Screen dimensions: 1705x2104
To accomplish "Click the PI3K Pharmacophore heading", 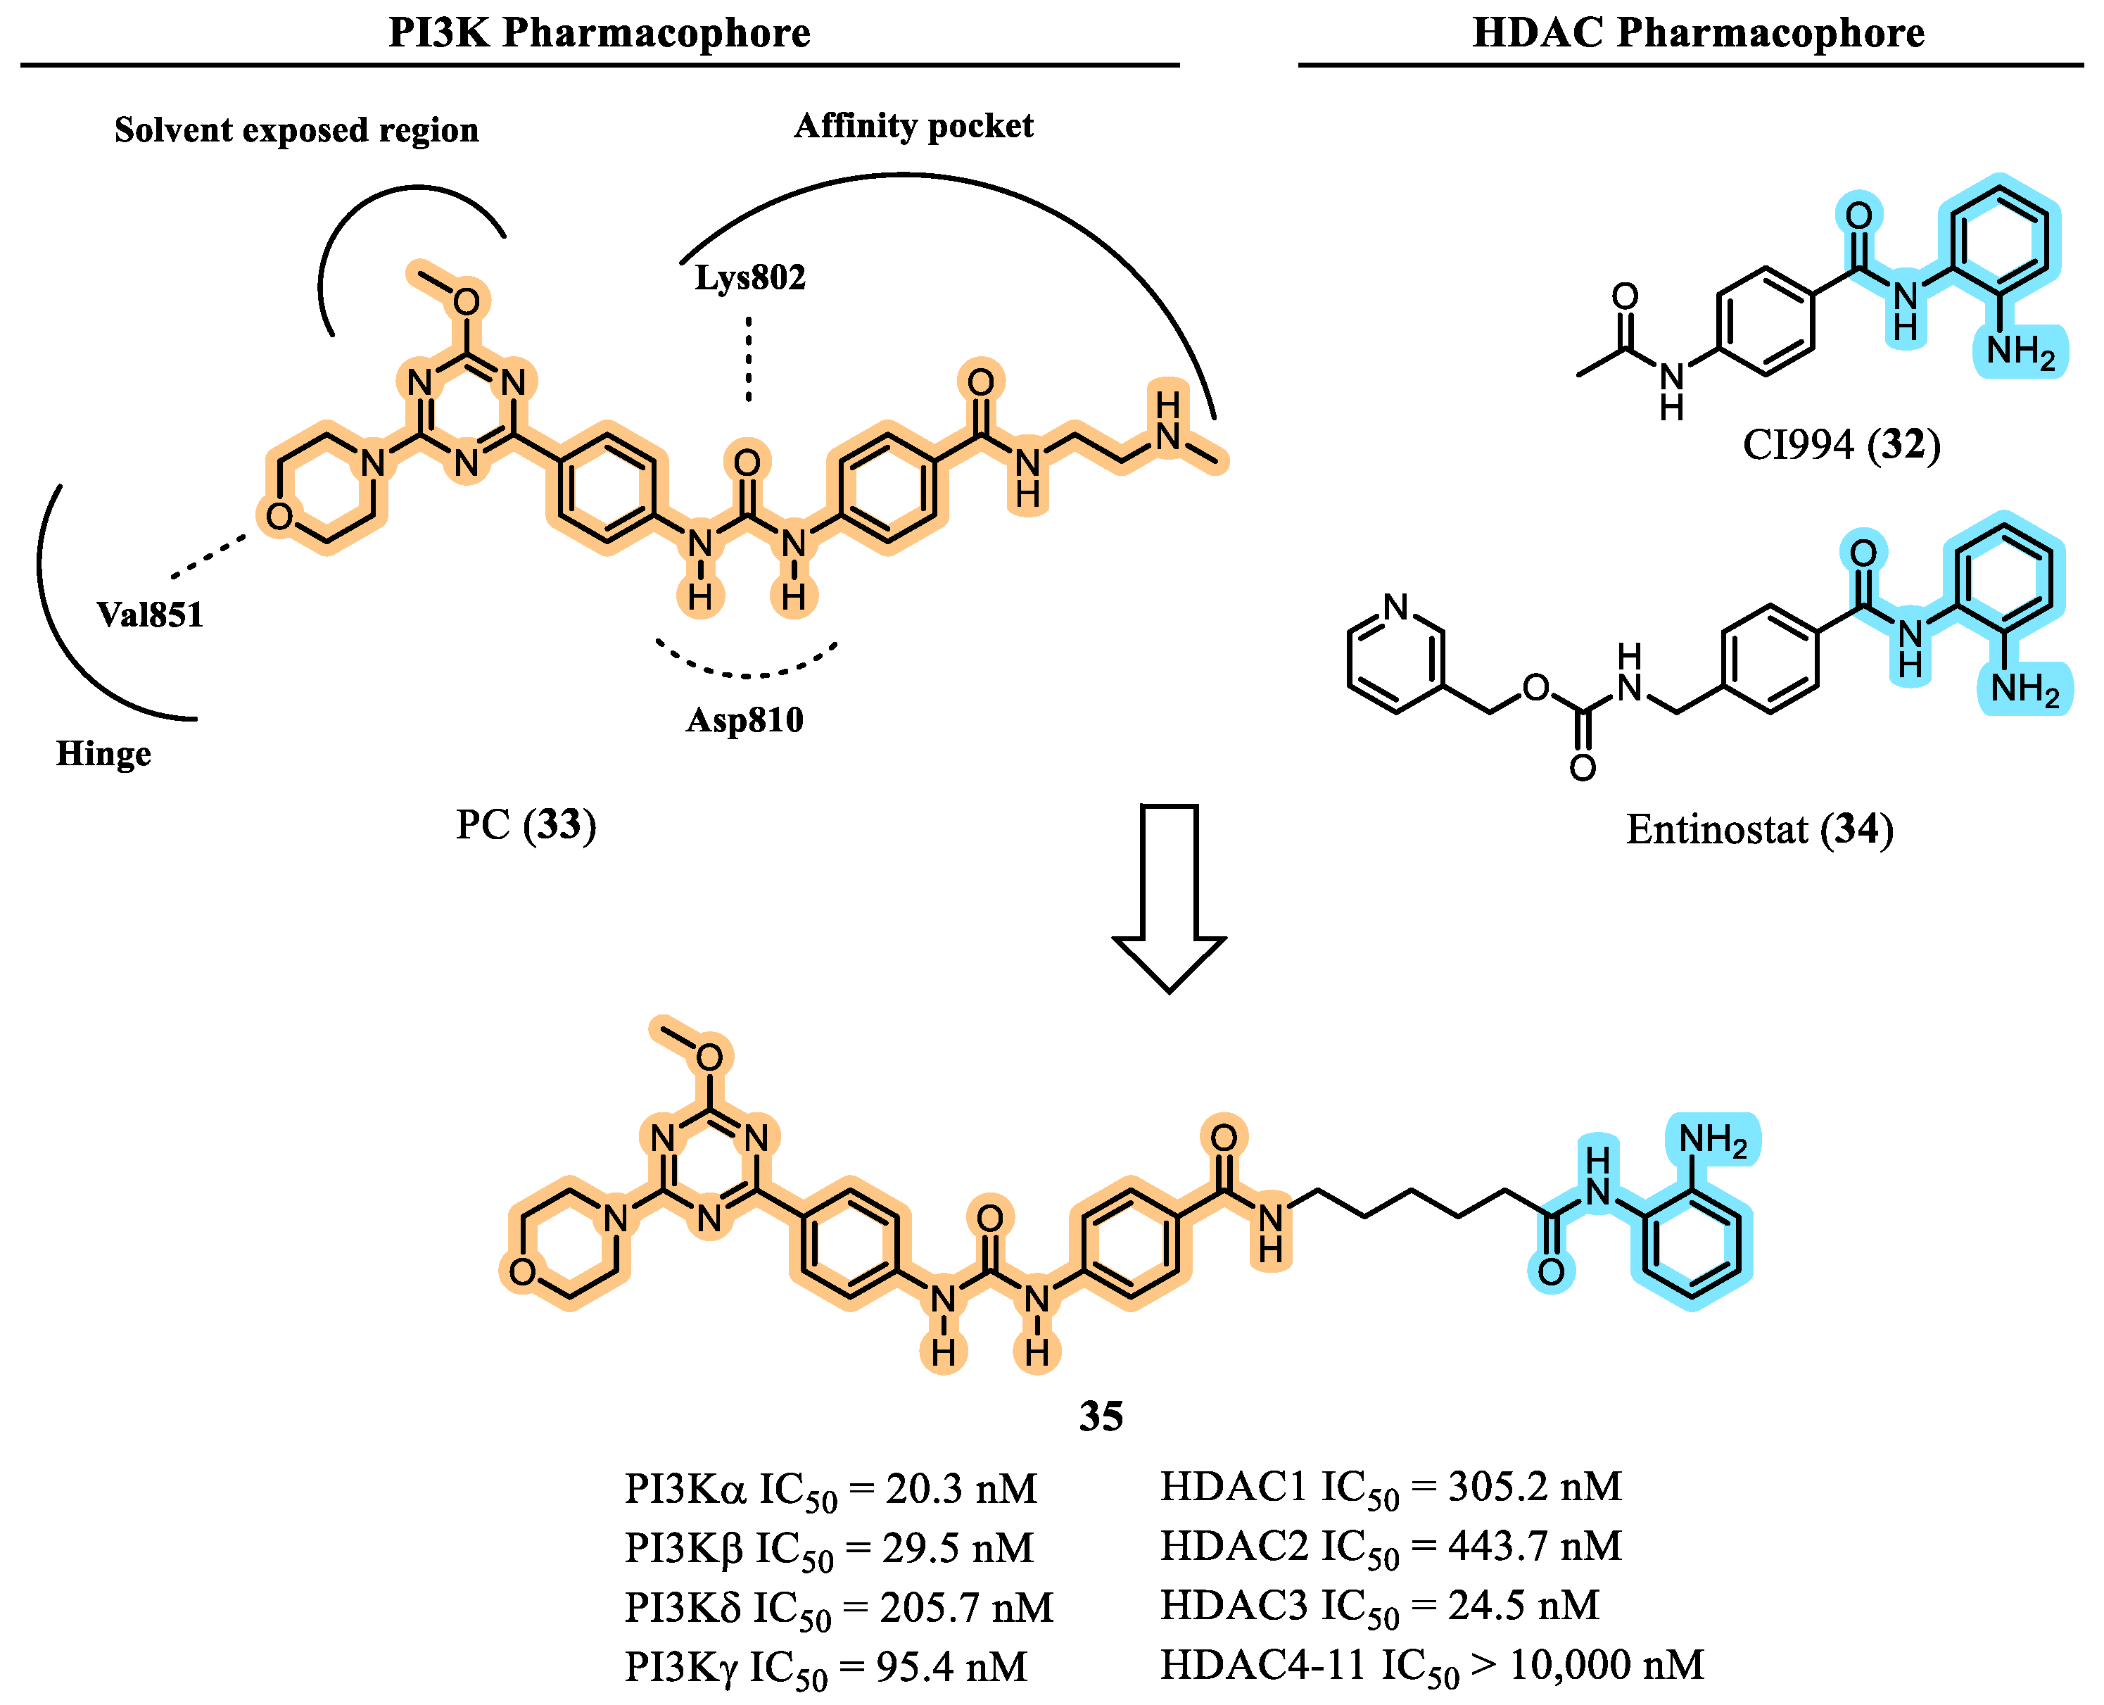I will (599, 32).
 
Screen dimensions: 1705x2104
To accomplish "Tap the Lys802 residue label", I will (750, 278).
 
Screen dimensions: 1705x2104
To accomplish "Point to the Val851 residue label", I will (150, 615).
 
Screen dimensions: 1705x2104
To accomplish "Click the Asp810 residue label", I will (744, 720).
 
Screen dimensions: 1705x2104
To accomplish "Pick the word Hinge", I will (104, 753).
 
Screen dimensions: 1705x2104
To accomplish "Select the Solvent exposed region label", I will (296, 130).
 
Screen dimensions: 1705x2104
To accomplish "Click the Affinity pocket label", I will (913, 126).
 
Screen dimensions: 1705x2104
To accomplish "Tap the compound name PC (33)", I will (525, 824).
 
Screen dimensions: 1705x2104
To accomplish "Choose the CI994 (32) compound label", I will (1841, 445).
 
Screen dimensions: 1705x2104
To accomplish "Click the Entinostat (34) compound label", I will (1759, 829).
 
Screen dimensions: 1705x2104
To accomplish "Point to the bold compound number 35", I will (1101, 1416).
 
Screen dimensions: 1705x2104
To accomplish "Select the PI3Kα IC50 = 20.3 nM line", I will (830, 1490).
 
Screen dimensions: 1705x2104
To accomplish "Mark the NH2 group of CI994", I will (2020, 351).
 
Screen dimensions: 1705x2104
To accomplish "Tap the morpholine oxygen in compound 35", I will (522, 1272).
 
